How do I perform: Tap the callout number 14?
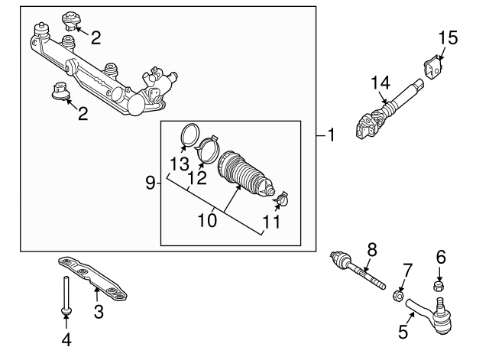pos(381,83)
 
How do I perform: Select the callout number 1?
pos(331,136)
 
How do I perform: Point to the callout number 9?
pos(151,182)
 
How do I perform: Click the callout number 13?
pos(179,164)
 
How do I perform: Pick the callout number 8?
pos(372,248)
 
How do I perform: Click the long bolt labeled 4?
pos(66,294)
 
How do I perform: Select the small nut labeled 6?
pos(439,286)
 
